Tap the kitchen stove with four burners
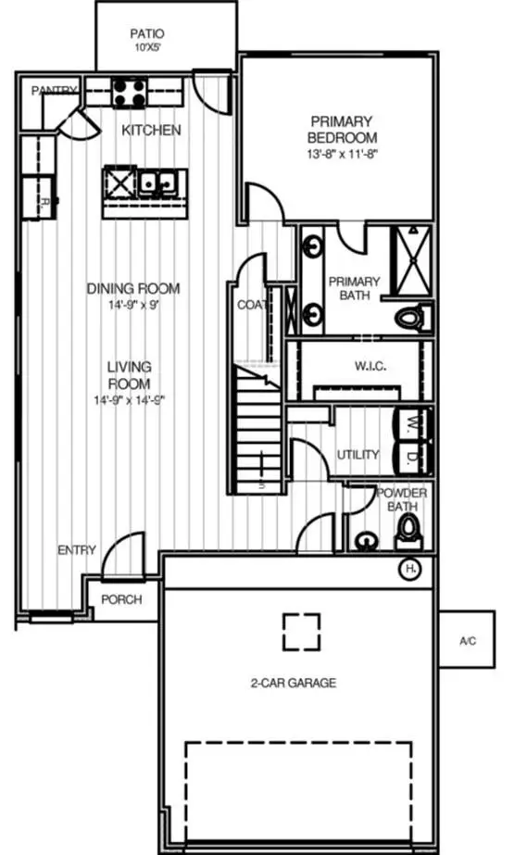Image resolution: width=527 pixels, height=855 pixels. pyautogui.click(x=128, y=93)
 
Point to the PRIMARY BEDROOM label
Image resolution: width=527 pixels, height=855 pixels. pyautogui.click(x=342, y=130)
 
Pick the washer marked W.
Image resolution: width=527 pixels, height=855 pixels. pyautogui.click(x=411, y=423)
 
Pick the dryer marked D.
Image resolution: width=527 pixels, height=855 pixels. pyautogui.click(x=411, y=457)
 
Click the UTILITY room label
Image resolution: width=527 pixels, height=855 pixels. pyautogui.click(x=358, y=454)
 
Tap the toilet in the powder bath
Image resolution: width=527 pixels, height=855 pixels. pyautogui.click(x=408, y=533)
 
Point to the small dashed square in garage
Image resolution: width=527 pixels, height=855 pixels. pyautogui.click(x=301, y=632)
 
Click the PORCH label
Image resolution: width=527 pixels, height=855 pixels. pyautogui.click(x=121, y=599)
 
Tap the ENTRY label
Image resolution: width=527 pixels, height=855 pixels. pyautogui.click(x=76, y=550)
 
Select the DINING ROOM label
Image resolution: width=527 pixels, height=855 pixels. pyautogui.click(x=133, y=288)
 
